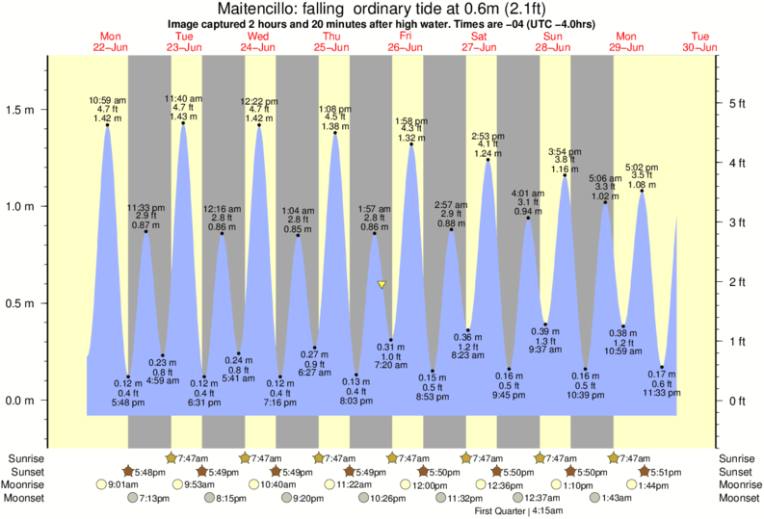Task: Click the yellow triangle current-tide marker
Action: [x=382, y=285]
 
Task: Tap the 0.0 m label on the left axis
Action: [x=24, y=401]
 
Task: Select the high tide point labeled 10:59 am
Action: [x=107, y=125]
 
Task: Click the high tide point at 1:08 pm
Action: [x=335, y=133]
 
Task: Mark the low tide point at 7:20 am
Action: [x=390, y=340]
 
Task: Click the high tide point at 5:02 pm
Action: [x=642, y=191]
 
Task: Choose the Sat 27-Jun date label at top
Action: [x=479, y=41]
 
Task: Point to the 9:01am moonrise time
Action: [x=118, y=484]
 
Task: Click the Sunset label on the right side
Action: [x=736, y=472]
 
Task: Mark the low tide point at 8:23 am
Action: [x=468, y=330]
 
